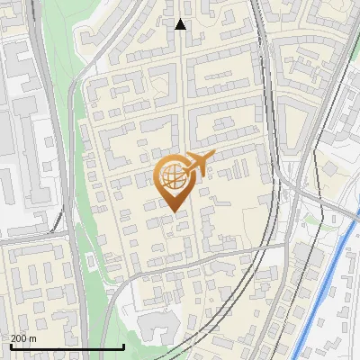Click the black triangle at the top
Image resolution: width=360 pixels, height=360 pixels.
pos(180,24)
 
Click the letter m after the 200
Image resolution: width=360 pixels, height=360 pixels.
pos(33,338)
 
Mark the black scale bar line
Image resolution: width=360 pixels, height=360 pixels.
pos(67,347)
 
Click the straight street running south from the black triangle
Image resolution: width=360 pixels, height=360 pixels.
pos(184,90)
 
